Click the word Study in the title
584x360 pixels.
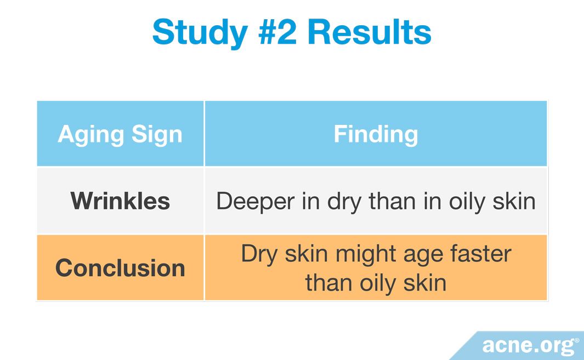(200, 33)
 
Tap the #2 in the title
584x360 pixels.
(277, 32)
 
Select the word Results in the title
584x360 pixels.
(370, 32)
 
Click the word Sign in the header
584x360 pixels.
(157, 135)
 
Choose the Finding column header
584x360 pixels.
(376, 135)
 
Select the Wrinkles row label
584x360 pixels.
(120, 201)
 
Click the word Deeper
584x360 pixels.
(256, 202)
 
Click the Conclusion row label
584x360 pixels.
(120, 268)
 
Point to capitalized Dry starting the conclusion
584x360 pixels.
(259, 255)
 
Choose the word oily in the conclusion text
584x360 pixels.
(378, 284)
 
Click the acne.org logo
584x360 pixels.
(528, 346)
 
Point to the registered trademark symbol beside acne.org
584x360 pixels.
(577, 340)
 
